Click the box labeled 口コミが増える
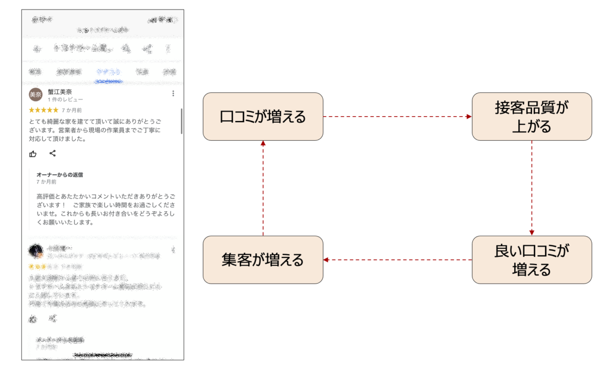tap(263, 117)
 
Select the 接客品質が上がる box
tap(532, 117)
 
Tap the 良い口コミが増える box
tap(532, 259)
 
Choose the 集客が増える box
tap(263, 259)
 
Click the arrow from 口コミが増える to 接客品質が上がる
tap(397, 117)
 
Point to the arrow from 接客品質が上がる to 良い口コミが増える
tap(532, 188)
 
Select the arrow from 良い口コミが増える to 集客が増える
tap(397, 260)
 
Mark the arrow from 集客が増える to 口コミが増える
tap(263, 188)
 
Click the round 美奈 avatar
tap(35, 95)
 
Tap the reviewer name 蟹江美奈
tap(60, 92)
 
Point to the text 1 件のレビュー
tap(66, 100)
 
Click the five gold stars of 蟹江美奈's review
tap(43, 110)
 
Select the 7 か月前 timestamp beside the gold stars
tap(72, 110)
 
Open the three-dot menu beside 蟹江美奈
tap(173, 93)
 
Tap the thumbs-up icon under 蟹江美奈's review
tap(33, 154)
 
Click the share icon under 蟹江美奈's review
tap(53, 153)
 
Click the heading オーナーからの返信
tap(60, 175)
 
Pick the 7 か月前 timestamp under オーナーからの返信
tap(46, 182)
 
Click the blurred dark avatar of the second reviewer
tap(35, 250)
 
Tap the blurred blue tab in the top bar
tap(109, 72)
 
